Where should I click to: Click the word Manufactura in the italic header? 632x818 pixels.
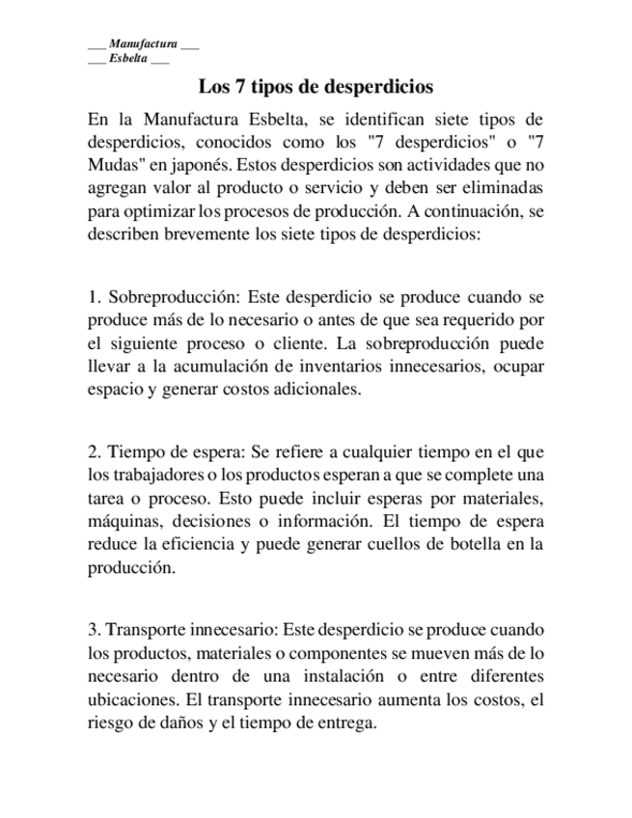143,44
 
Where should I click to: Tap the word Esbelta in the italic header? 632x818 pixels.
128,58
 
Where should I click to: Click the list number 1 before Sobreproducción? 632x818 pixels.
93,297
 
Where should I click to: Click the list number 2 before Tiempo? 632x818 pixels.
93,451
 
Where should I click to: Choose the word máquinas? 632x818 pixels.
120,521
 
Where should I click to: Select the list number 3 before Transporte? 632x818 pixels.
93,629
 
